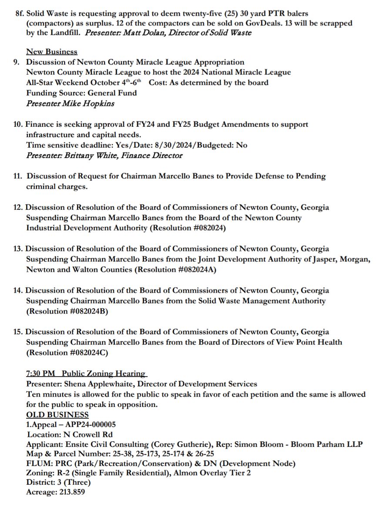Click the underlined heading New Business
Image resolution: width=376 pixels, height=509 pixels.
pyautogui.click(x=52, y=52)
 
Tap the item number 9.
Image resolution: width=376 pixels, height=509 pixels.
pyautogui.click(x=16, y=62)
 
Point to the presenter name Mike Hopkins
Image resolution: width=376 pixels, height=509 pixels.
pyautogui.click(x=88, y=103)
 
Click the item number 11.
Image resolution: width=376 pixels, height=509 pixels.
pyautogui.click(x=17, y=176)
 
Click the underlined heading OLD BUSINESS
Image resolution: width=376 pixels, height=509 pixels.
pyautogui.click(x=57, y=415)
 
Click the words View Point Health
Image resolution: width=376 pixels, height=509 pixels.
pyautogui.click(x=309, y=342)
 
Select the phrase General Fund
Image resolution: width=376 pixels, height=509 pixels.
pyautogui.click(x=112, y=93)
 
